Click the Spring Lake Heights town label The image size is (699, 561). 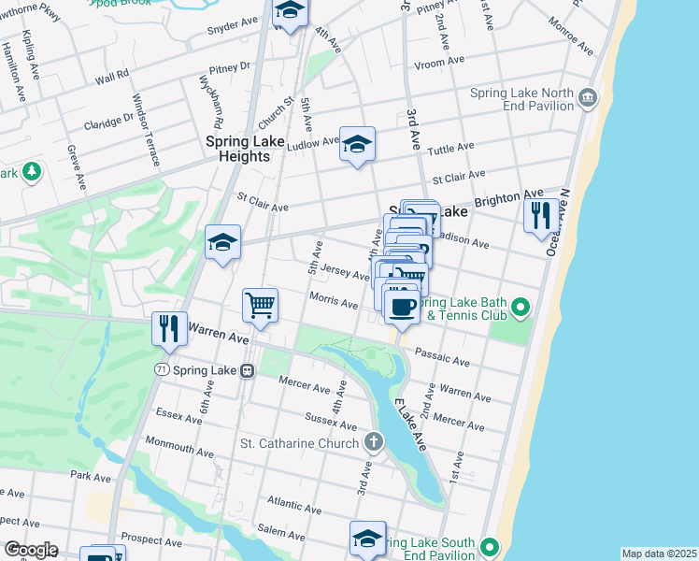coord(237,149)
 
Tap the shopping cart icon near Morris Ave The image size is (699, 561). coord(260,304)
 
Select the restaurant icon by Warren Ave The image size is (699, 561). coord(168,327)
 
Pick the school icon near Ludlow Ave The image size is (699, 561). coord(357,143)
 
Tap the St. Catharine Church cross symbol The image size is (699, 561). coord(374,441)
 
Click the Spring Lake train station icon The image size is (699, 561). coord(247,370)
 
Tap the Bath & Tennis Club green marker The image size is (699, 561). coord(521,306)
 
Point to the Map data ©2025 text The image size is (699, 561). coord(658,554)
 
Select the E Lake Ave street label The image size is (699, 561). coord(410,426)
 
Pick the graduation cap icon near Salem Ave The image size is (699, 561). coord(367,538)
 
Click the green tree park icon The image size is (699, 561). coord(33,171)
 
